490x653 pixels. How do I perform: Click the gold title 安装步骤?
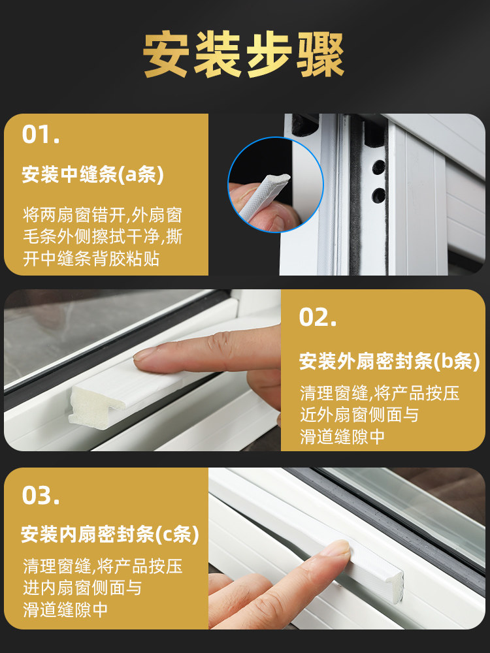(244, 55)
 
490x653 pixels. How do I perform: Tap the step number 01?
(41, 134)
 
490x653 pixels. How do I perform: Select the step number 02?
(318, 317)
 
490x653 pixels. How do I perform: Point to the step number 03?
(41, 496)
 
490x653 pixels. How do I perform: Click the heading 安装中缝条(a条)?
(93, 174)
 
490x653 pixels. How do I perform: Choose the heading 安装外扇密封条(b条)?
(389, 361)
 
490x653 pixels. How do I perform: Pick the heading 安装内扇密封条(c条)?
(110, 534)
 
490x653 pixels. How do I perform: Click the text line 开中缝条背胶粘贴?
(91, 259)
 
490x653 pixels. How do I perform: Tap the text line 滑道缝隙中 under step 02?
(342, 437)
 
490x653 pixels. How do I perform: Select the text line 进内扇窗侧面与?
(82, 588)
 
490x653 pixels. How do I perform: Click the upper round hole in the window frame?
(379, 167)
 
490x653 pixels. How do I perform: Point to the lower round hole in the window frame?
(379, 195)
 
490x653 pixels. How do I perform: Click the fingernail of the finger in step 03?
(338, 548)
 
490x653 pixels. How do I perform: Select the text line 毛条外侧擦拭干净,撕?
(103, 238)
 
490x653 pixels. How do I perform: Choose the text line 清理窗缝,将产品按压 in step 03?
(103, 566)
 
